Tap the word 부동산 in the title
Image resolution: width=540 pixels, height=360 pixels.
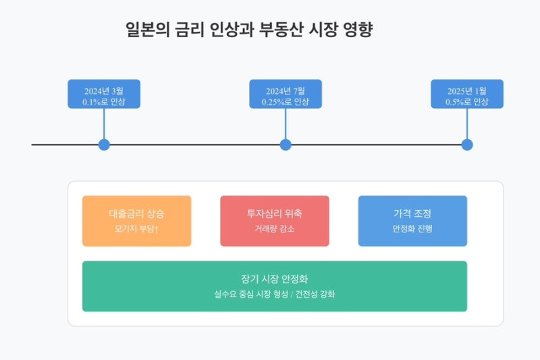(281, 30)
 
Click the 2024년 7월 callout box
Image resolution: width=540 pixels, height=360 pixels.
(286, 94)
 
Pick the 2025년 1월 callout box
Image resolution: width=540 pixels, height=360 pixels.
(466, 94)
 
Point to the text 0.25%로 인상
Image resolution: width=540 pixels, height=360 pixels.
(286, 102)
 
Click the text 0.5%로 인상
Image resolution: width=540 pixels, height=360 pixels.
(466, 102)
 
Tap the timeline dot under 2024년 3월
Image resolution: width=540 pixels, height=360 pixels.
(104, 145)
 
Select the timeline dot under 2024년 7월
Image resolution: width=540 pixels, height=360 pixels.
(286, 145)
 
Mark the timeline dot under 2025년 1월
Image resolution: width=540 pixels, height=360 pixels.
(467, 145)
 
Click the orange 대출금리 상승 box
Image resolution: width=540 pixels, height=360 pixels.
(136, 221)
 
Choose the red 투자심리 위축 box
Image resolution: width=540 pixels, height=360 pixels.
(275, 221)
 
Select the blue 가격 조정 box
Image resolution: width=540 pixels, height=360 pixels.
(412, 221)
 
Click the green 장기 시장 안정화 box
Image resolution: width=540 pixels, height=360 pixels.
(275, 286)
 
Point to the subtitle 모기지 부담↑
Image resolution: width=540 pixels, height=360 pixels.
(136, 229)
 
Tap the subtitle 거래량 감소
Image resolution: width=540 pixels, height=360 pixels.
(275, 229)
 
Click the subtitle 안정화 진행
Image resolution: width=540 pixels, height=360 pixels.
(412, 229)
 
